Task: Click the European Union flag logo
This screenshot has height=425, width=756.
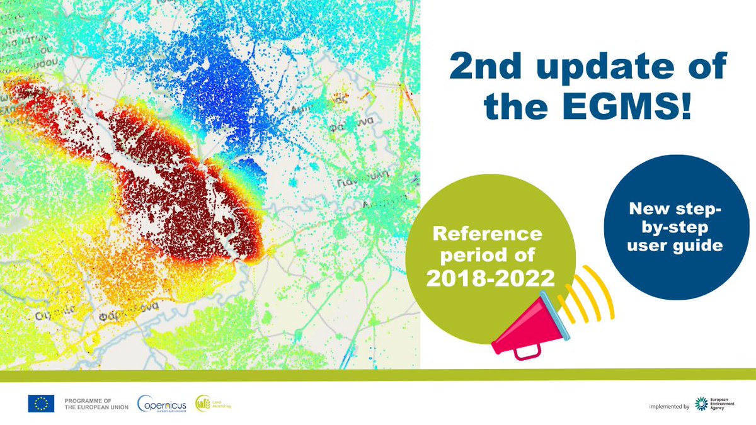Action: tap(41, 404)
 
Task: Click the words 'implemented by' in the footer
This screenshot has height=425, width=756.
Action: tap(668, 407)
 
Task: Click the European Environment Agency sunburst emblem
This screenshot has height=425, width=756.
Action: tap(701, 404)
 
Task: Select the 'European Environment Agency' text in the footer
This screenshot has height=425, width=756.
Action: tap(725, 404)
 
